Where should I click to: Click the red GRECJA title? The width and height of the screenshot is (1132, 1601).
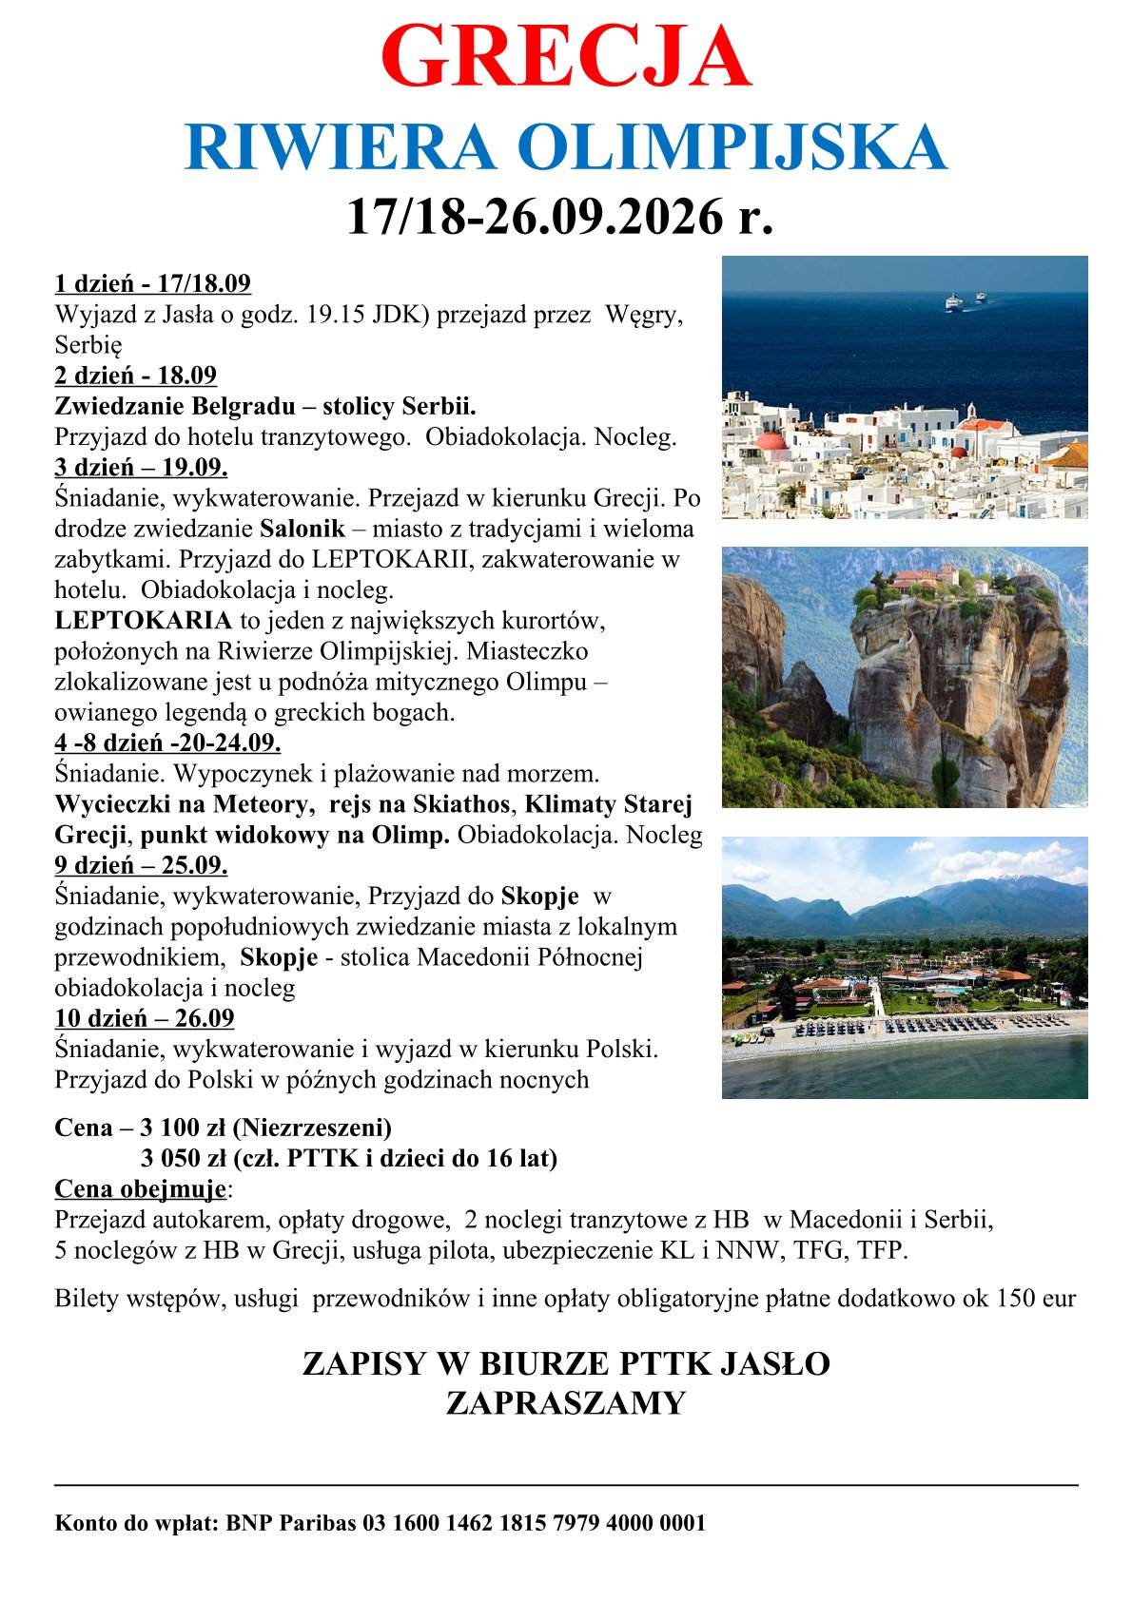[566, 57]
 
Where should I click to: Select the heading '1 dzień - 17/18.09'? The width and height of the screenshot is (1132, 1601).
[152, 283]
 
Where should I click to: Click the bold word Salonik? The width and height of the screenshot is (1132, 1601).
[302, 529]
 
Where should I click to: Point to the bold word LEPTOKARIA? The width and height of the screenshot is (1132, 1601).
[143, 621]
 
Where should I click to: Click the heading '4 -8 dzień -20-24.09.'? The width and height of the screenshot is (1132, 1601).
[167, 743]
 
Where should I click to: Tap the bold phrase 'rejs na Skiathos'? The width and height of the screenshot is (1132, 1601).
[419, 804]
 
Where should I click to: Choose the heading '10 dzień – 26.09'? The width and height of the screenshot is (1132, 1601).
[145, 1018]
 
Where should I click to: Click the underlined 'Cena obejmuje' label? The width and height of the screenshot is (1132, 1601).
[141, 1189]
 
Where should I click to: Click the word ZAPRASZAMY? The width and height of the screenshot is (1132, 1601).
[566, 1403]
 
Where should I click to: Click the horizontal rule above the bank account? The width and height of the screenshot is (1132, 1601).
[566, 1484]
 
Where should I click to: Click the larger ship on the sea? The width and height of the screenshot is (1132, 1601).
[952, 302]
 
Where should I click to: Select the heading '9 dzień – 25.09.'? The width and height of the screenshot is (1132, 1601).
[141, 865]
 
